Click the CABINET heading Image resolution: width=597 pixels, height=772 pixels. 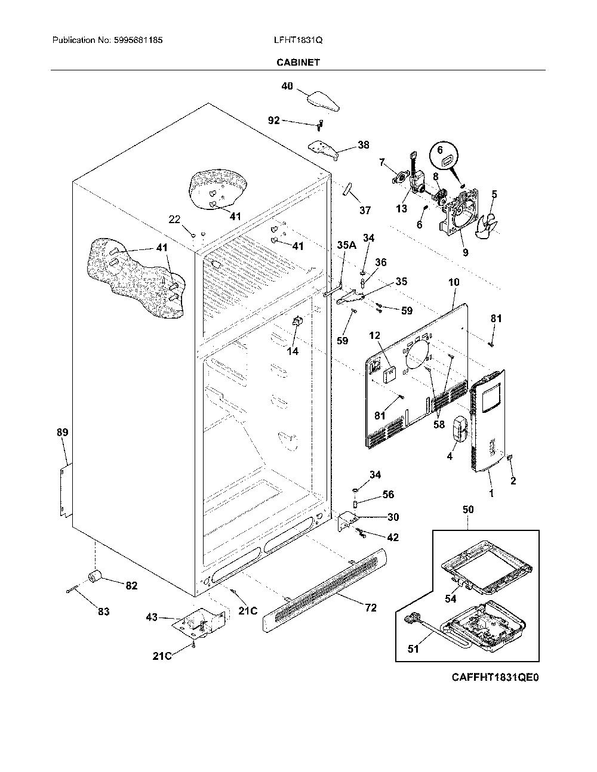pyautogui.click(x=298, y=63)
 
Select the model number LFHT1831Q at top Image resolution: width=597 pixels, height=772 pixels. pyautogui.click(x=298, y=40)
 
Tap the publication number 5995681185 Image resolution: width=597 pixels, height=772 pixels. pyautogui.click(x=139, y=40)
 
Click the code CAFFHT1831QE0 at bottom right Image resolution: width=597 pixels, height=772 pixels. pyautogui.click(x=495, y=678)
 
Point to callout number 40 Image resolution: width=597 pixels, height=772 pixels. pyautogui.click(x=287, y=86)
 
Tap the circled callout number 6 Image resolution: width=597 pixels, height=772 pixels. pyautogui.click(x=440, y=150)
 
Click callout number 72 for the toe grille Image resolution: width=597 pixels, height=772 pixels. pyautogui.click(x=371, y=608)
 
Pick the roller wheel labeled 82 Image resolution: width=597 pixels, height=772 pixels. pyautogui.click(x=95, y=578)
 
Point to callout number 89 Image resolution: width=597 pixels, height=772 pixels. pyautogui.click(x=62, y=433)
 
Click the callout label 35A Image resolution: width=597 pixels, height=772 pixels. pyautogui.click(x=346, y=245)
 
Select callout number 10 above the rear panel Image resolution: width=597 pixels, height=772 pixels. pyautogui.click(x=454, y=282)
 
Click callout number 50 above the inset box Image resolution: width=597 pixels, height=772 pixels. pyautogui.click(x=468, y=509)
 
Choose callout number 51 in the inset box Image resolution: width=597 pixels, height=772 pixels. pyautogui.click(x=413, y=649)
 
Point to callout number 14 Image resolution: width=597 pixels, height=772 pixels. pyautogui.click(x=293, y=351)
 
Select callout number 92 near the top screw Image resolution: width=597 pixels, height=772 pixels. pyautogui.click(x=273, y=121)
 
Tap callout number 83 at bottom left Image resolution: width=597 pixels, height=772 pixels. pyautogui.click(x=103, y=612)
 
